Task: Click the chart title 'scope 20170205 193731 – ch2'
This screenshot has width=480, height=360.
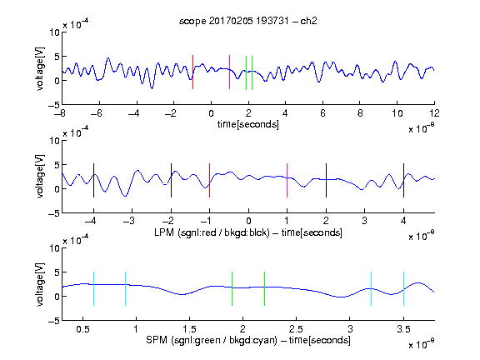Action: (248, 21)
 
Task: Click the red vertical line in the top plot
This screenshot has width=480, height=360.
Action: (192, 72)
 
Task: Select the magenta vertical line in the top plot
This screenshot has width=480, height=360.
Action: (230, 72)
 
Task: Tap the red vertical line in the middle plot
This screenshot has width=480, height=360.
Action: (209, 180)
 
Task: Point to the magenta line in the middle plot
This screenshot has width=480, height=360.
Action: (287, 180)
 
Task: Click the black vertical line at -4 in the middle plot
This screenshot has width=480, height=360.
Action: (93, 180)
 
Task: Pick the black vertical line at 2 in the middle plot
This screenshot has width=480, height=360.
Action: (326, 180)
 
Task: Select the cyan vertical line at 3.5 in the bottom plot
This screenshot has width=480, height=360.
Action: (403, 288)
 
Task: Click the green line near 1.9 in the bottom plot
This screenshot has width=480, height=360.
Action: (232, 288)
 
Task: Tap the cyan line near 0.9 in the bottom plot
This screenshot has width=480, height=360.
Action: (125, 288)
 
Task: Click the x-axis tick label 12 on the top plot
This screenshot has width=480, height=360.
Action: (434, 113)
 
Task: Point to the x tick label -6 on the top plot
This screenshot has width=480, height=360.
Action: (96, 113)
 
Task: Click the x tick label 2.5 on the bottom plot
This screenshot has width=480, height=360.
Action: (296, 329)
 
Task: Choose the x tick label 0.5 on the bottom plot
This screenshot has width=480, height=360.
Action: (82, 329)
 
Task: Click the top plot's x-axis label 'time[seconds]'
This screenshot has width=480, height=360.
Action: (248, 124)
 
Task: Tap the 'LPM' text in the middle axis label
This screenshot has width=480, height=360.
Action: (164, 232)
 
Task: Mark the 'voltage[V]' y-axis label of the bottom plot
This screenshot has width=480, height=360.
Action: (40, 284)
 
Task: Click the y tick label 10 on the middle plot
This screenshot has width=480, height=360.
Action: (55, 141)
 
